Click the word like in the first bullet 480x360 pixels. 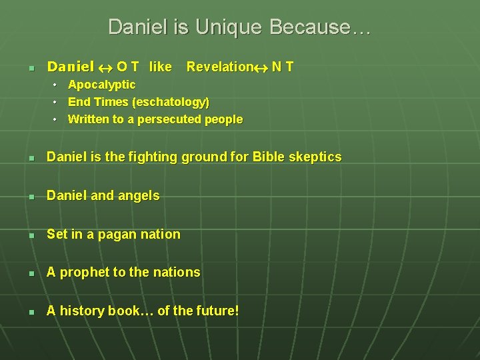tap(161, 67)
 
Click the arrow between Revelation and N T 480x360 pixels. tap(261, 67)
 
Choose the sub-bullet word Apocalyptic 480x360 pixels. tap(101, 85)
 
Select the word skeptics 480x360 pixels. tap(317, 157)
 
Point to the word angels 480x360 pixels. tap(139, 196)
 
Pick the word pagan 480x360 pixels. tap(119, 235)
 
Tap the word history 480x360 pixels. tap(84, 311)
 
